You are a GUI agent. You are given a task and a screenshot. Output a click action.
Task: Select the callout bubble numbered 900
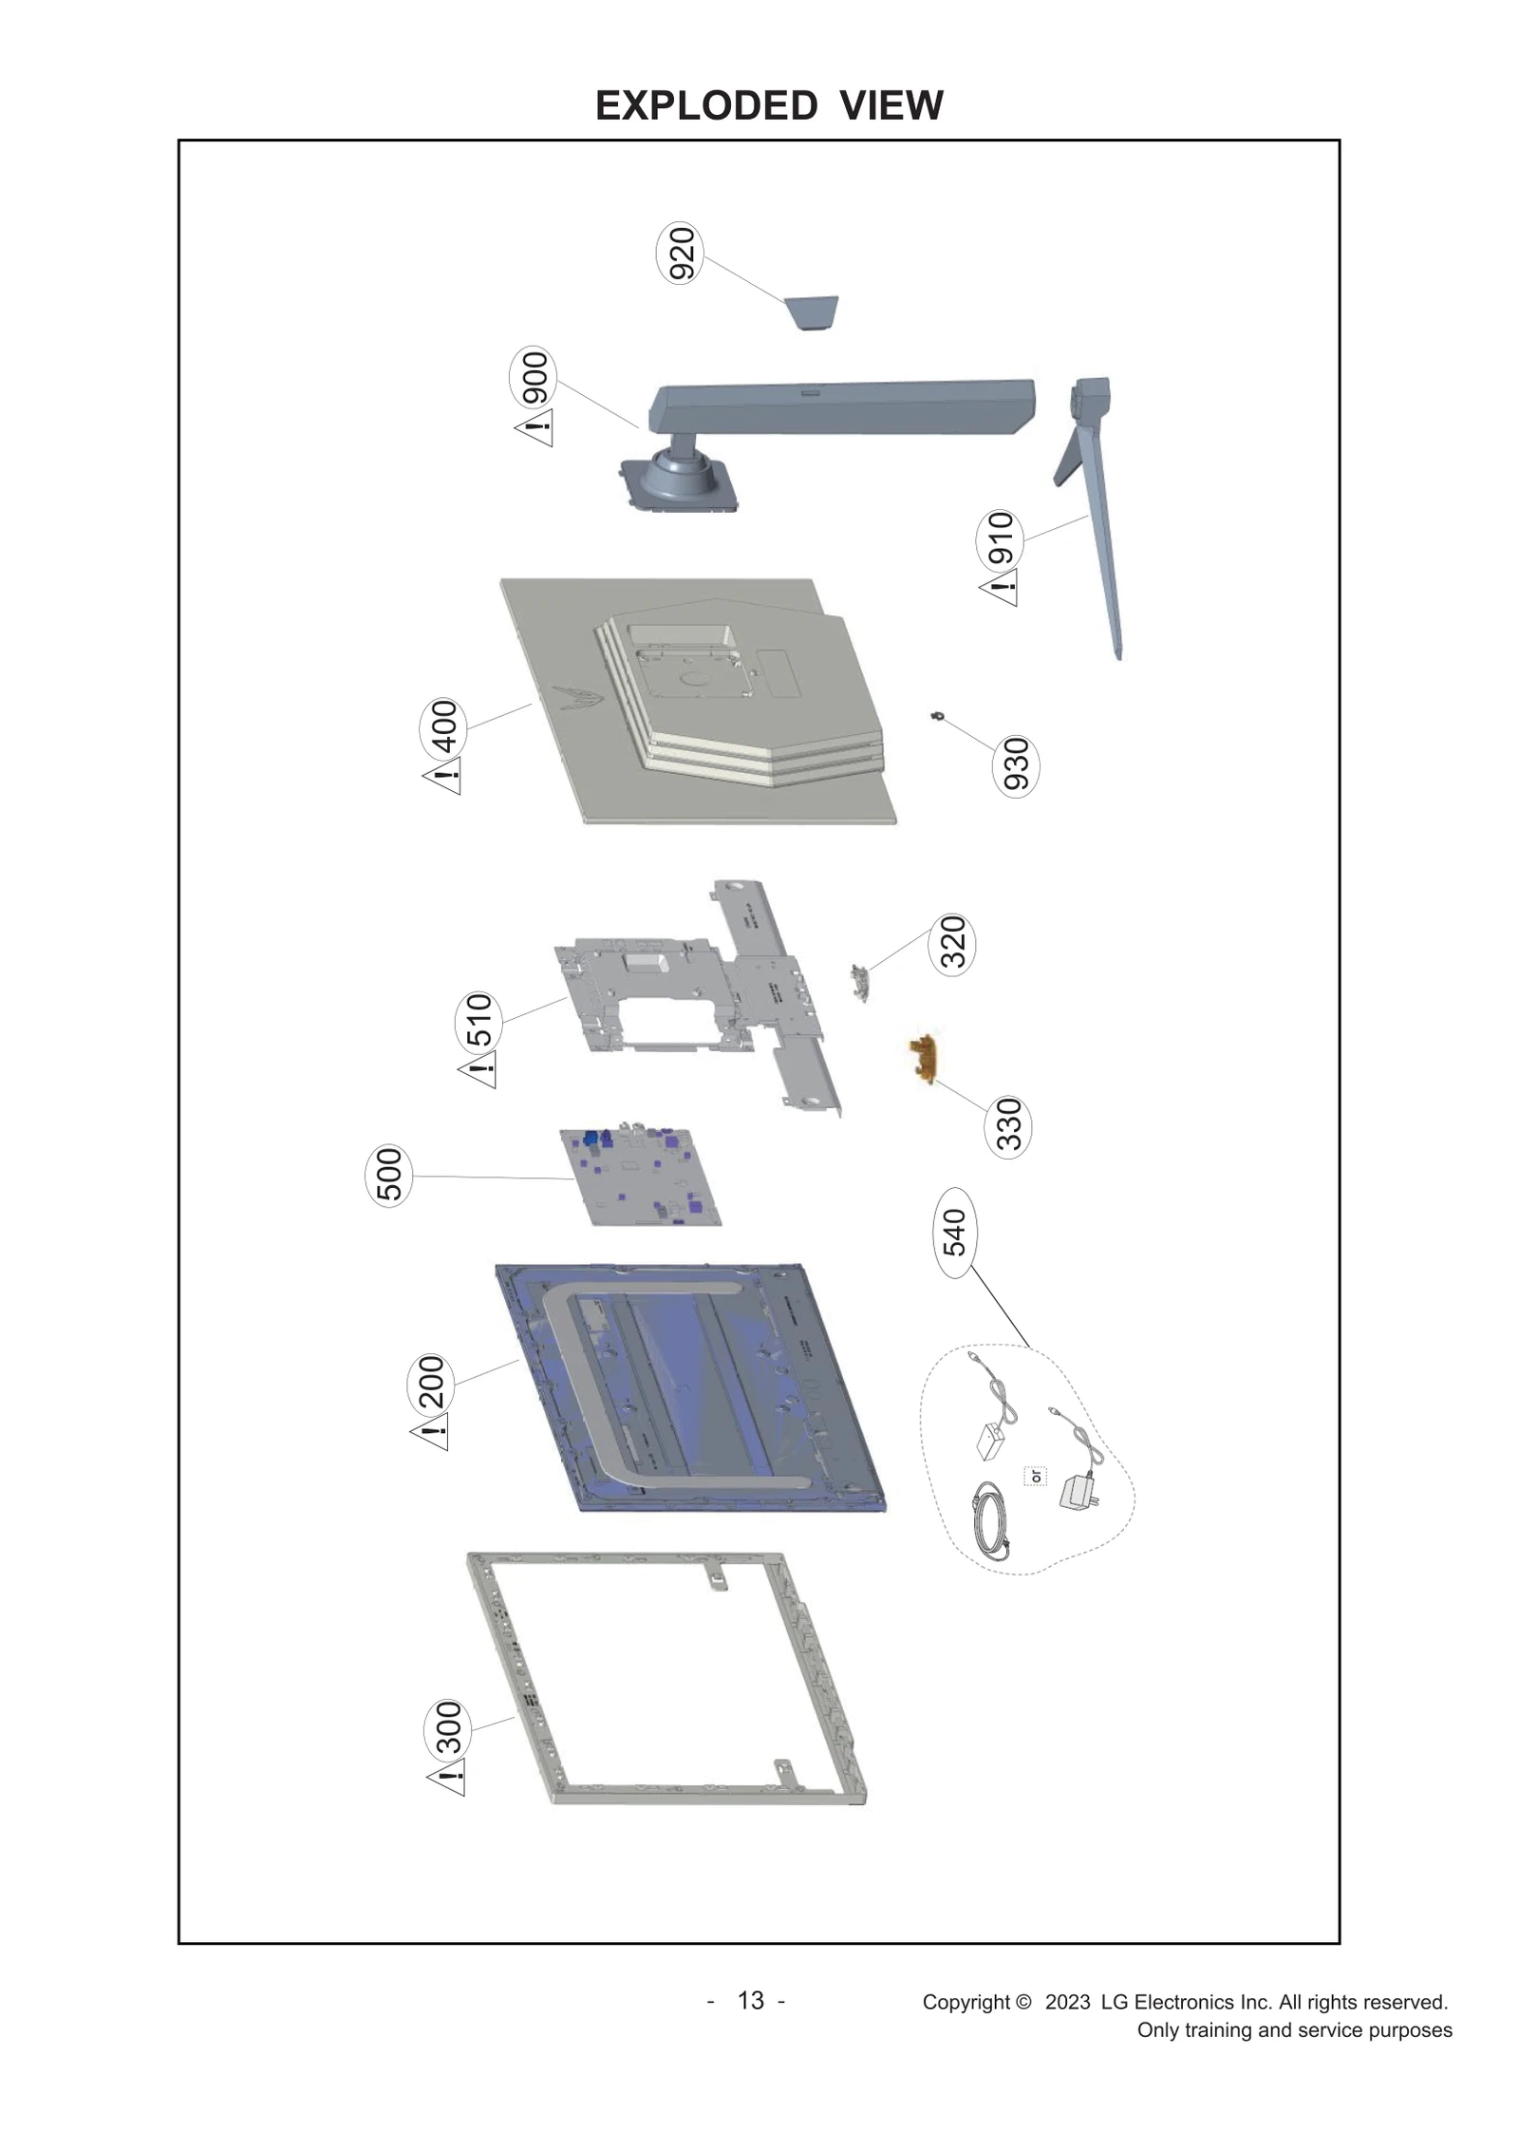pos(534,377)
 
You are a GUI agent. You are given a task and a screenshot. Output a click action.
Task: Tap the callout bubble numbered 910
pos(1000,537)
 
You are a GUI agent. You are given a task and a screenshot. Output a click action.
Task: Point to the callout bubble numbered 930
pos(1015,764)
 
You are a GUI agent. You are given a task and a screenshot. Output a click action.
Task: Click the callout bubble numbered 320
pos(952,942)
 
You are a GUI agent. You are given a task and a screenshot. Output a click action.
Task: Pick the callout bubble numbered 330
pos(1008,1123)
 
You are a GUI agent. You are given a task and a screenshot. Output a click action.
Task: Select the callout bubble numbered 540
pos(953,1232)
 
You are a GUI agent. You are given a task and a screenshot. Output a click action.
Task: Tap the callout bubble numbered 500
pos(389,1175)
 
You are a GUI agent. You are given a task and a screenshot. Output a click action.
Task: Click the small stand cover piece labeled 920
pos(812,311)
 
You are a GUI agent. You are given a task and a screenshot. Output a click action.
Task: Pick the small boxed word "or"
pos(1035,1477)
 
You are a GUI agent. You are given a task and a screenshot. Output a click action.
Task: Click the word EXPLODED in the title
pos(706,105)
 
